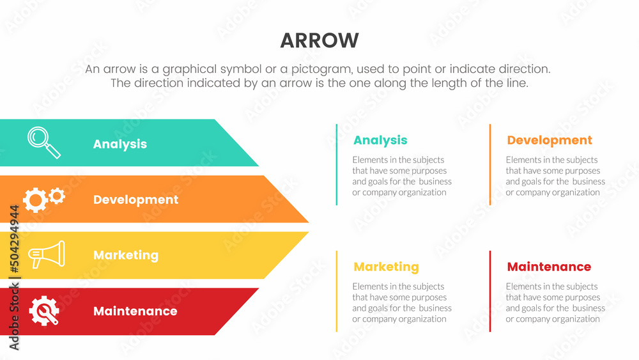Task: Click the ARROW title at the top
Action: (x=319, y=40)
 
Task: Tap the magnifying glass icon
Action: (x=44, y=143)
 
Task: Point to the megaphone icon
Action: (x=47, y=254)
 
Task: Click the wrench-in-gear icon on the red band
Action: (x=44, y=311)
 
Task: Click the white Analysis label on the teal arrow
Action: (x=120, y=144)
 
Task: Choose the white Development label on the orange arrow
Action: (x=135, y=200)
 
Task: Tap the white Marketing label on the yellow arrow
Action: (x=125, y=255)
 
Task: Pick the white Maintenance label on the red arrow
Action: (x=135, y=311)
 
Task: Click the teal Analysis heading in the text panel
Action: (x=380, y=140)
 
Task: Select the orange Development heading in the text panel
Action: (x=550, y=140)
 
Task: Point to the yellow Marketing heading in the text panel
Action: (x=386, y=267)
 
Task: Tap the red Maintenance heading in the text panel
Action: (x=549, y=267)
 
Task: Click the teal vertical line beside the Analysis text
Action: (x=337, y=164)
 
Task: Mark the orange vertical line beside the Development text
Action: (x=490, y=164)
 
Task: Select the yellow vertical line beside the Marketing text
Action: (x=337, y=291)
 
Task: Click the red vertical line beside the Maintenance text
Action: (x=490, y=291)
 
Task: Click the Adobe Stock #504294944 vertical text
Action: (x=14, y=278)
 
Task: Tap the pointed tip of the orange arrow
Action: (x=309, y=222)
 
